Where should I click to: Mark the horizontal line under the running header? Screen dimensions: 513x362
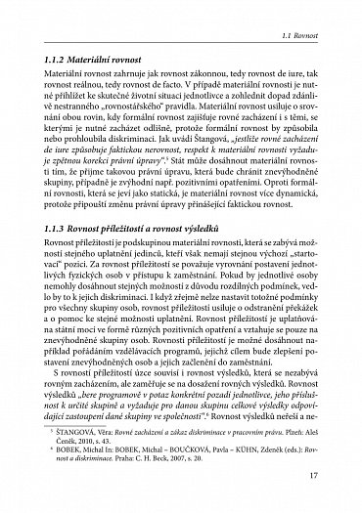tap(182, 44)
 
